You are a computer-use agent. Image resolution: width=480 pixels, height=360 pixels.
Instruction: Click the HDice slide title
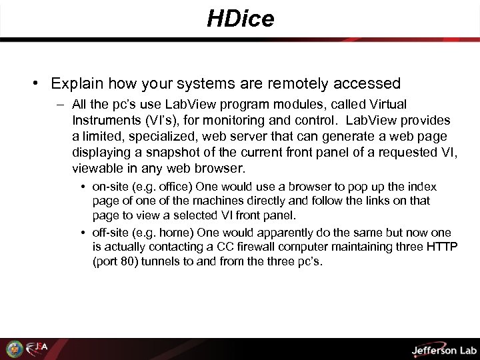[240, 19]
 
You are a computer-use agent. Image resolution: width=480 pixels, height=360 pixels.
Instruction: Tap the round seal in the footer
[14, 348]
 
